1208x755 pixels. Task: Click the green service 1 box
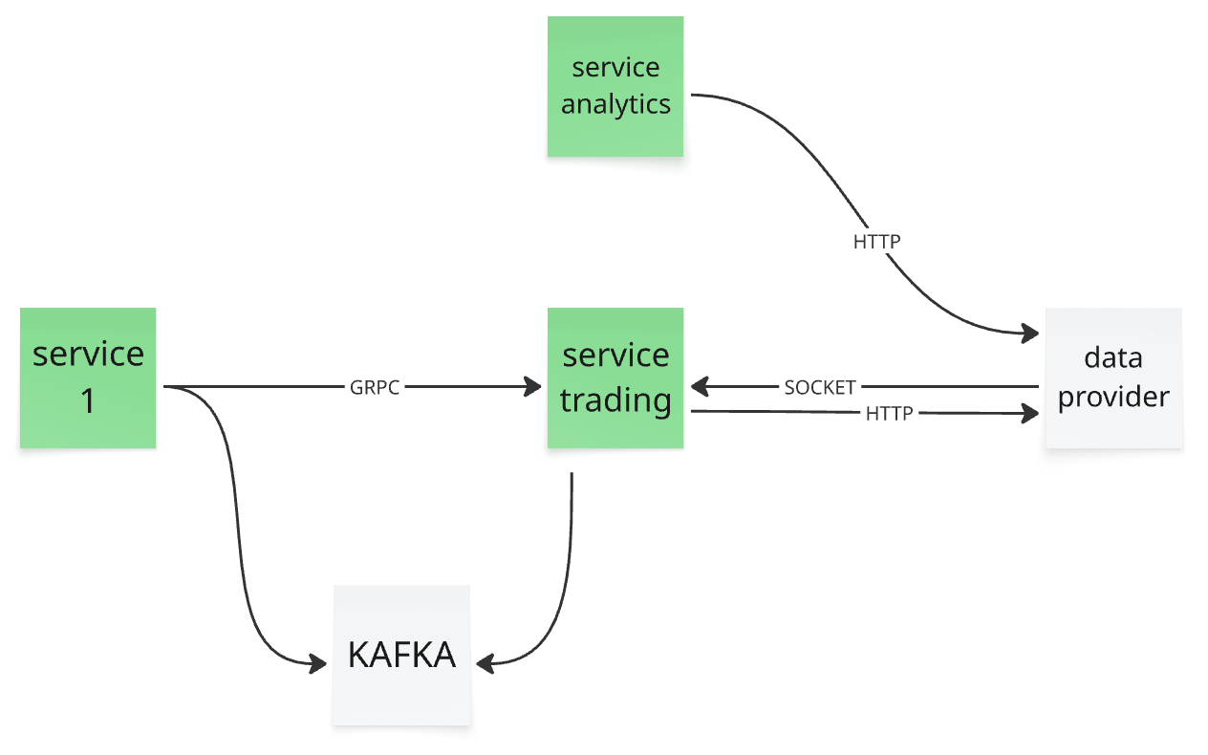click(88, 378)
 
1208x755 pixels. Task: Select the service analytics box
click(615, 86)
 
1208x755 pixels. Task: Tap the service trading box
click(615, 378)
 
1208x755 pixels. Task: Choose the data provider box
click(1113, 378)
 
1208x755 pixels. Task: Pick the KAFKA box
click(401, 656)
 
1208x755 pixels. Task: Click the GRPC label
click(375, 387)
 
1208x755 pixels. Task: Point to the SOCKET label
click(820, 387)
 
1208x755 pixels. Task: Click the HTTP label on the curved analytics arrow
click(877, 242)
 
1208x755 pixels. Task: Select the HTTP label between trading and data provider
click(890, 414)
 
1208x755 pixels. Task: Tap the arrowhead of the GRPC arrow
click(533, 387)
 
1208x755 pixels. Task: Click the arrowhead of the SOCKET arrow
click(700, 387)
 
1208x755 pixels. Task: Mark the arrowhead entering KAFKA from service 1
click(318, 663)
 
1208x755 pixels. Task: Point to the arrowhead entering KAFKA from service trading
click(485, 663)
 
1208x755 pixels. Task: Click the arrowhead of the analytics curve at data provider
click(1030, 333)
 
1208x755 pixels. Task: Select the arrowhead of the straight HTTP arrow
click(1030, 414)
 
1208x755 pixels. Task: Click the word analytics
click(615, 104)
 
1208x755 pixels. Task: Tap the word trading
click(615, 400)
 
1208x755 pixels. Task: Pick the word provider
click(1113, 398)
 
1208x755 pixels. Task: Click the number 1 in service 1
click(88, 401)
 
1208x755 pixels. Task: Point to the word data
click(1113, 357)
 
